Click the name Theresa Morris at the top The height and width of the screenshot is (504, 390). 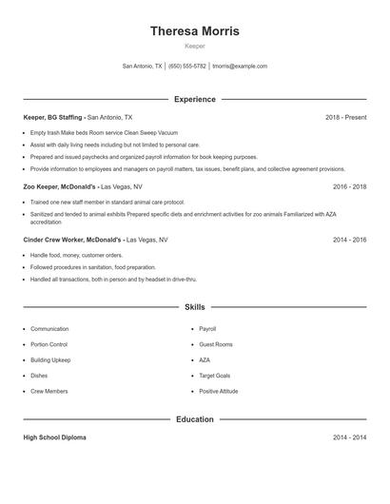194,31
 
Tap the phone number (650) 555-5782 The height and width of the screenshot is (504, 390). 187,67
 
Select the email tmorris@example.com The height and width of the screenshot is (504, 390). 240,67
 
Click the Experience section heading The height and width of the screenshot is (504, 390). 194,99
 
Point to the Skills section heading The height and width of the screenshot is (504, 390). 194,307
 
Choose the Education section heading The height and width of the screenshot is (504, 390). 194,419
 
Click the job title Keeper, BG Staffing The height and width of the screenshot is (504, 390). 53,117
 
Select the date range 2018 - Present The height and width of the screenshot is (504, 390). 345,117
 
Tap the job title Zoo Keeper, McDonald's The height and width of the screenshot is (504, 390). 60,187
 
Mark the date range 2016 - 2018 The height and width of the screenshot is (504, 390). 349,187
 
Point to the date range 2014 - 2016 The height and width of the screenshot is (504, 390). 349,241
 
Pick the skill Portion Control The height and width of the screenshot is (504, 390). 49,344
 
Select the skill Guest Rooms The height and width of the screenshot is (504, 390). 216,344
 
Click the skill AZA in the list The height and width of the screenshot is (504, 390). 205,360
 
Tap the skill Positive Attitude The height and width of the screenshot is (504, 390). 219,391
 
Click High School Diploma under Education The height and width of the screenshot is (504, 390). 54,437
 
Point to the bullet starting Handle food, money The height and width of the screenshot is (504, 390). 76,256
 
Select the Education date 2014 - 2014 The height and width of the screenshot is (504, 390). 349,437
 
